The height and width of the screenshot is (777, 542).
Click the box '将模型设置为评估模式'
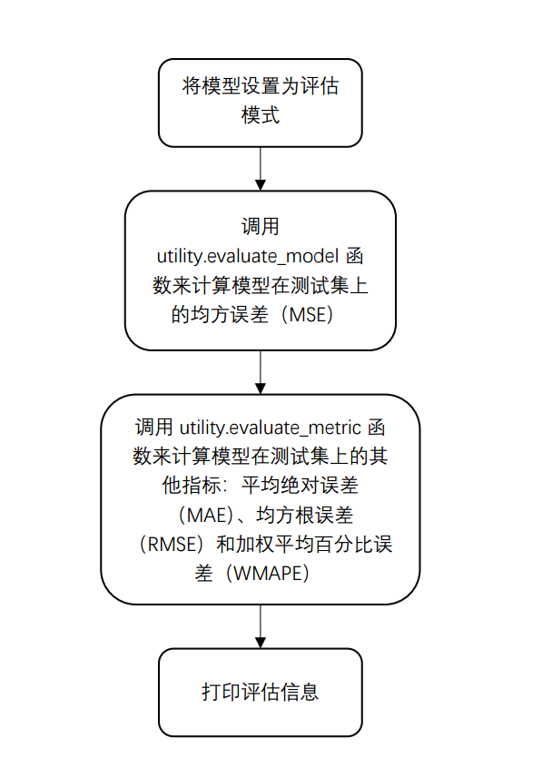(260, 103)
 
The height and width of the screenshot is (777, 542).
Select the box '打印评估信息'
(260, 693)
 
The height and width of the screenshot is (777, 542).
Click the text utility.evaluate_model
(248, 256)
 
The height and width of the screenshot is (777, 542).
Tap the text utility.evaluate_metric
(271, 428)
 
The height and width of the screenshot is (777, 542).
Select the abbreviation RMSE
(172, 545)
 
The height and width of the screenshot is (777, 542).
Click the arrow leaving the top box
(260, 169)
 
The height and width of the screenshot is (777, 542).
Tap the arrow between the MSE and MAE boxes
(260, 372)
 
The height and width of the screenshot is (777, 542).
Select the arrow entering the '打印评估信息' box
(260, 626)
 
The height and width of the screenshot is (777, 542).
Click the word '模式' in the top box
(260, 115)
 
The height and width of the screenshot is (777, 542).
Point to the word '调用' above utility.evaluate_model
(260, 226)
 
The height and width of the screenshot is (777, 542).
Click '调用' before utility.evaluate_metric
(154, 428)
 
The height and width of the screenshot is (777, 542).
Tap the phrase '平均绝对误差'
(300, 485)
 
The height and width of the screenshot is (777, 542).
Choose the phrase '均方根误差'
(305, 516)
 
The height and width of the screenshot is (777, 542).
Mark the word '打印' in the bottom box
(221, 693)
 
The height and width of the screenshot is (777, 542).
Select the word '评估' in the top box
(320, 86)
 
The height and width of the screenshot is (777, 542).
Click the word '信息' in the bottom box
(300, 693)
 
